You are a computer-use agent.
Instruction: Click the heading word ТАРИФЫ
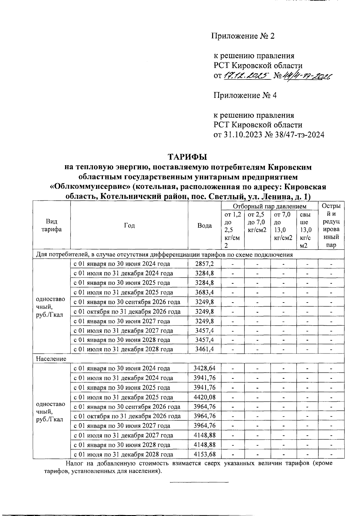pos(187,157)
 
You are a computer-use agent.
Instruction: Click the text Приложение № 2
pos(243,36)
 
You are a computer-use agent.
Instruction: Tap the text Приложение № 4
pos(245,95)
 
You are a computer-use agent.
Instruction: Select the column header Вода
pos(205,225)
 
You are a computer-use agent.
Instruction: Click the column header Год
pos(129,225)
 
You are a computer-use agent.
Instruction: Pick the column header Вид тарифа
pos(52,225)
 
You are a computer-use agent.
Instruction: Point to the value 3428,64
pos(205,368)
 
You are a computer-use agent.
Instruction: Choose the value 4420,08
pos(205,397)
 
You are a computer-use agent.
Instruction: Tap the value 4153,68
pos(205,454)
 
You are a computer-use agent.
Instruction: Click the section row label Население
pos(51,359)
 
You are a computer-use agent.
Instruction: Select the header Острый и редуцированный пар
pos(331,225)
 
